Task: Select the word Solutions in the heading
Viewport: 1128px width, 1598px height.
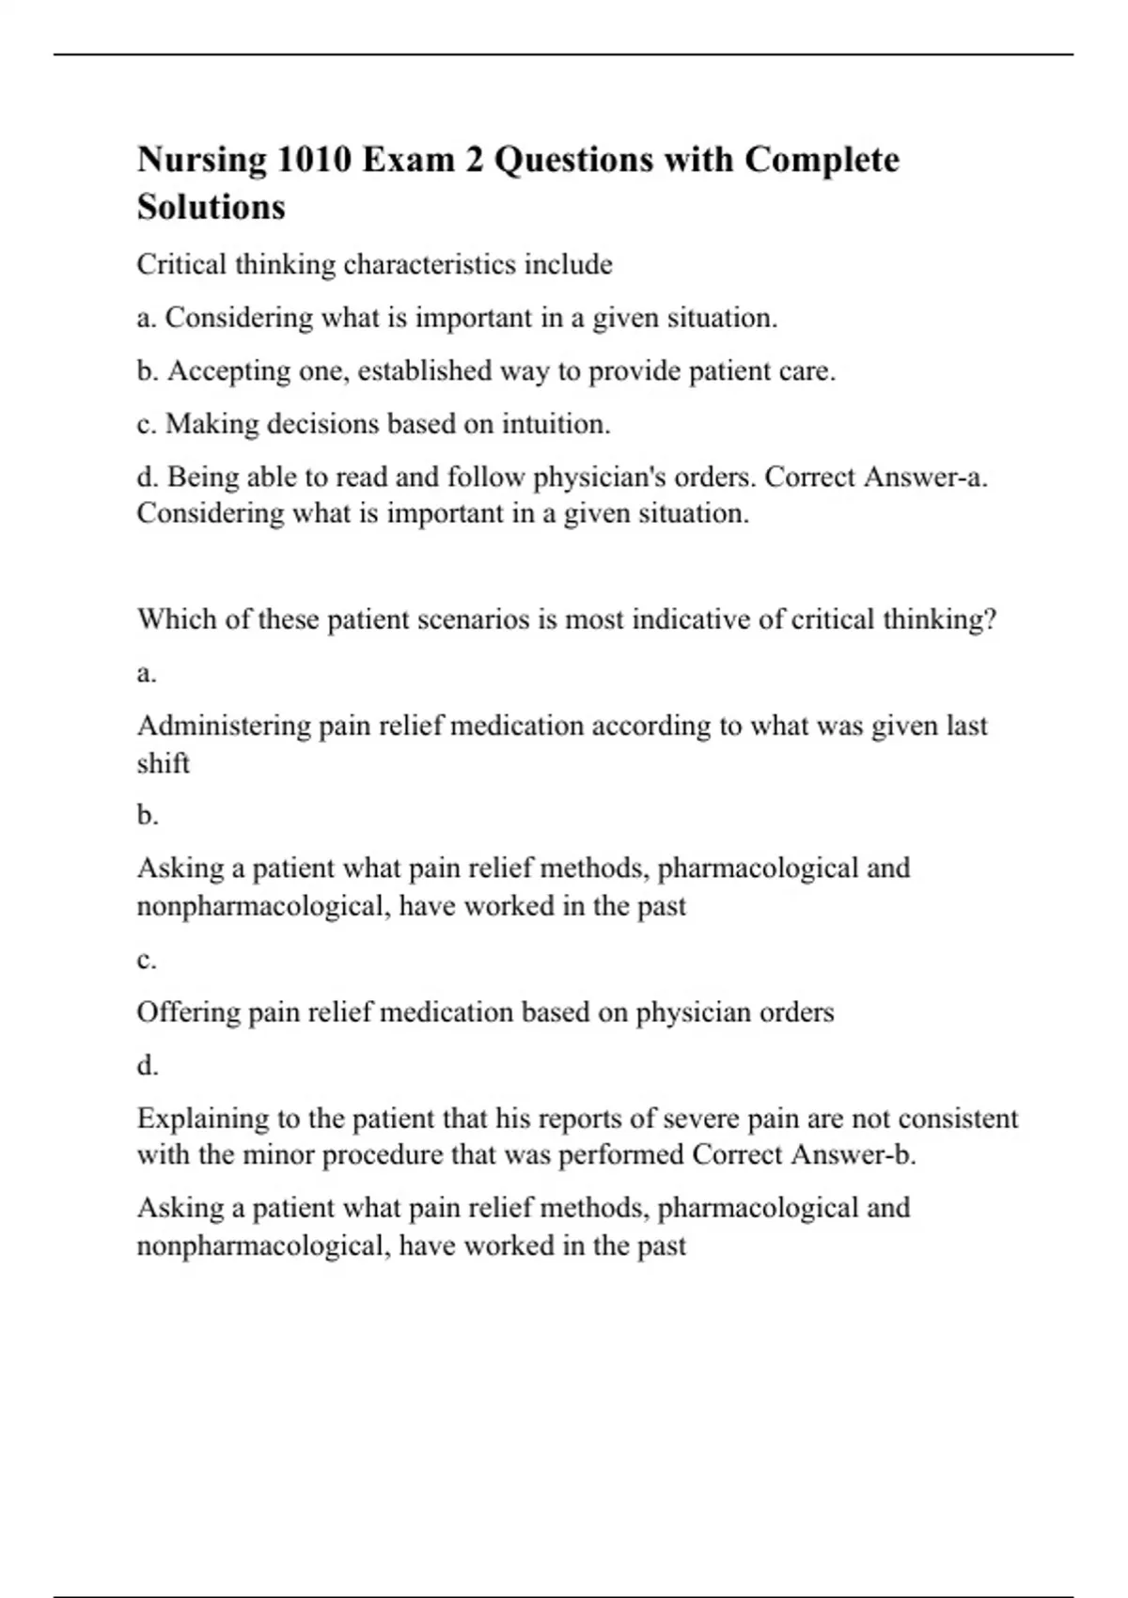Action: pyautogui.click(x=211, y=207)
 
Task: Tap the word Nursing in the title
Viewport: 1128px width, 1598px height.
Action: pyautogui.click(x=201, y=160)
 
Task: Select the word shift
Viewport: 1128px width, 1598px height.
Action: pyautogui.click(x=163, y=763)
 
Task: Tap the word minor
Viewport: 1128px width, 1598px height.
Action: pyautogui.click(x=278, y=1154)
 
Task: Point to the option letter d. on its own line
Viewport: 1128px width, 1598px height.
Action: pyautogui.click(x=148, y=1066)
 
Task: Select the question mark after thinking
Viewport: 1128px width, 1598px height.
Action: pyautogui.click(x=989, y=619)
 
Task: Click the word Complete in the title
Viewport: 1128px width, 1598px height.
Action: pyautogui.click(x=822, y=160)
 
